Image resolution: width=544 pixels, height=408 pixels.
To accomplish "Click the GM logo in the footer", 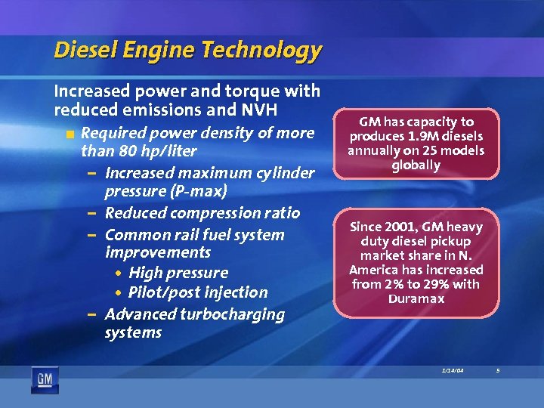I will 45,379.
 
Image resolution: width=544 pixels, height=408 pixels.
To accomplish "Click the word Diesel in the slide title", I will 82,51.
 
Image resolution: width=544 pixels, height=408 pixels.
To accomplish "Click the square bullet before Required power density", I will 70,134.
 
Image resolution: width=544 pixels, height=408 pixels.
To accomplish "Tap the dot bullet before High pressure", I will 120,274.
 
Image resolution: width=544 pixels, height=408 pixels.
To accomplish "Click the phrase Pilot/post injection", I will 198,292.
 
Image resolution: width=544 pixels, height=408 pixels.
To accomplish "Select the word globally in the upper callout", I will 416,165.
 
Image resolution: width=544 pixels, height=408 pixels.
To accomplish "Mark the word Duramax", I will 416,298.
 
